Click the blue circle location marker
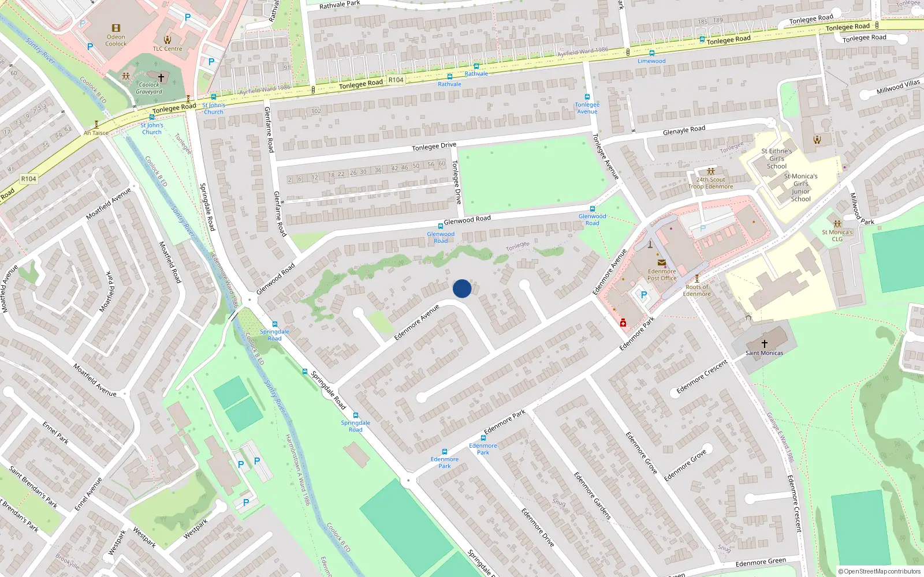tap(462, 288)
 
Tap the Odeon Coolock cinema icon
tap(116, 28)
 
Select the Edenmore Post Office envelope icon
tap(662, 263)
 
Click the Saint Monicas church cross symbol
tap(764, 343)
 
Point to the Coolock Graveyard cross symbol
tap(161, 77)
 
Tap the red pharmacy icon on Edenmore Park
tap(623, 323)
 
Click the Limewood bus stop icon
tap(652, 53)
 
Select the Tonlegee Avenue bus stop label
tap(587, 108)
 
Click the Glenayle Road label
tap(684, 130)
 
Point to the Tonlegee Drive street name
tap(434, 147)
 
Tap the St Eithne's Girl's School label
tap(777, 159)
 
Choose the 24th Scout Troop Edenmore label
tap(710, 183)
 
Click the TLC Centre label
tap(167, 48)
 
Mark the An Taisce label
tap(96, 133)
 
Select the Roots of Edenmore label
tap(697, 290)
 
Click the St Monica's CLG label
tap(837, 235)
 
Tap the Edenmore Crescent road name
tap(702, 377)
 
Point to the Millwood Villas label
tap(898, 87)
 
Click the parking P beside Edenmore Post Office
tap(644, 295)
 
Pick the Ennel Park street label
tap(55, 432)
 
